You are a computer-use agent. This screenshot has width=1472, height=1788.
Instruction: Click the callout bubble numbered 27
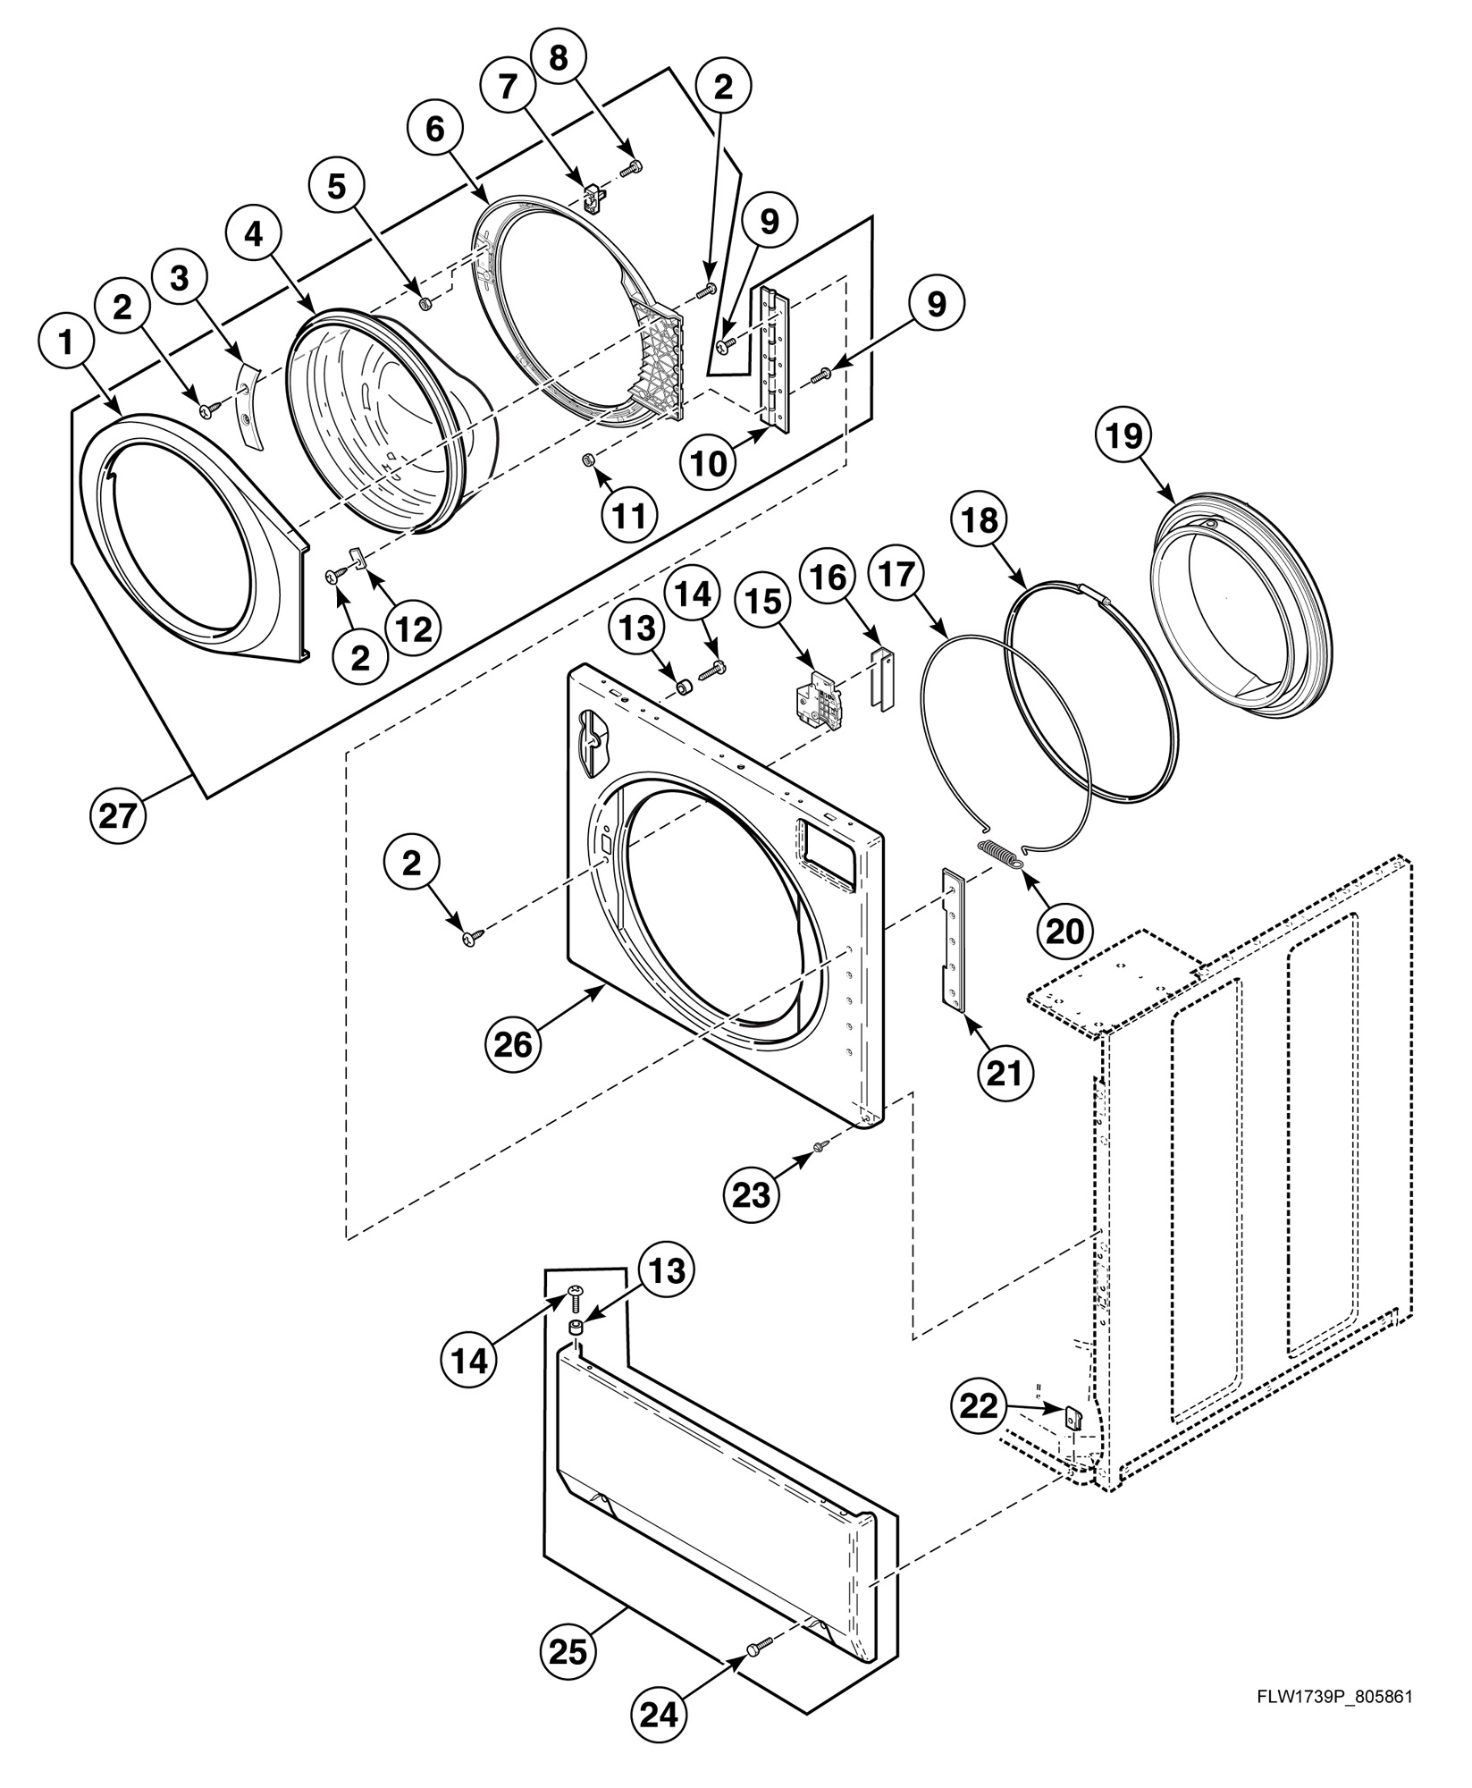(x=117, y=816)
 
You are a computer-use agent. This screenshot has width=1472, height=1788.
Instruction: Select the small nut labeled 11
(x=588, y=460)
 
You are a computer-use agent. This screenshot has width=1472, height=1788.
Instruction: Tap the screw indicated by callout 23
(x=818, y=1147)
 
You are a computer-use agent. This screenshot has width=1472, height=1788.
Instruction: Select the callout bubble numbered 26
(x=513, y=1042)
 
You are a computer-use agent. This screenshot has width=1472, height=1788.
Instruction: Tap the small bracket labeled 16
(x=881, y=680)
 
